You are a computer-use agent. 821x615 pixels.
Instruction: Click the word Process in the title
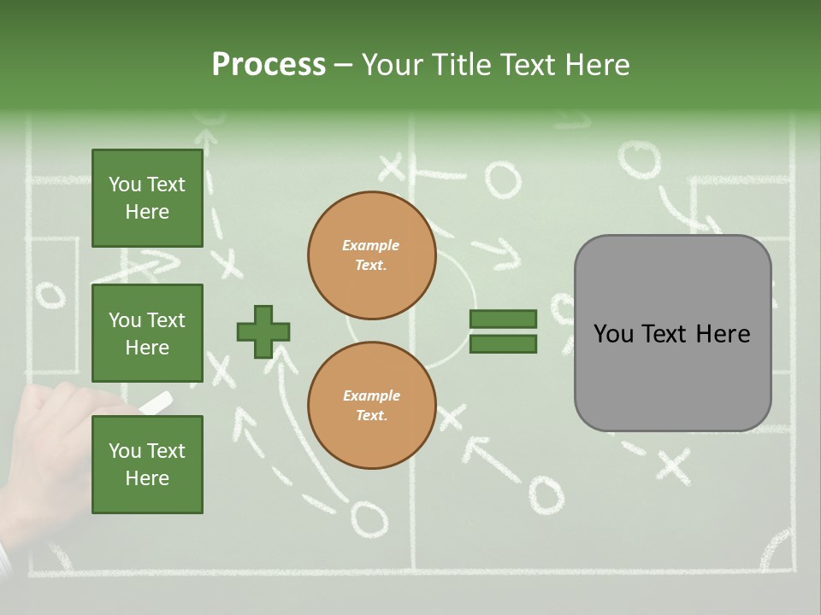[x=269, y=64]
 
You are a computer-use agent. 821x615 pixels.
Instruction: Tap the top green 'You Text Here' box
[x=147, y=198]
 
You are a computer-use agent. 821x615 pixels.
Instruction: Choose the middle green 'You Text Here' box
[x=147, y=333]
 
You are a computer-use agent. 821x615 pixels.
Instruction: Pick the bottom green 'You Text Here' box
[x=147, y=464]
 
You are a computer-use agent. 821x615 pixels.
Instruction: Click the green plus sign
[x=263, y=331]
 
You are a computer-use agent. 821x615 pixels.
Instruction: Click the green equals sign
[x=503, y=331]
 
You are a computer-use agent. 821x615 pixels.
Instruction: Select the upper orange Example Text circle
[x=371, y=255]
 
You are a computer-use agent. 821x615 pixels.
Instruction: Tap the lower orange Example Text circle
[x=371, y=406]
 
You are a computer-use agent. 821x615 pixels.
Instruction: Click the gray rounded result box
[x=672, y=333]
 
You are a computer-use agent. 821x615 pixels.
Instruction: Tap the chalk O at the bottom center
[x=368, y=517]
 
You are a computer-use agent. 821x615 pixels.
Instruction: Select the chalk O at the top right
[x=639, y=160]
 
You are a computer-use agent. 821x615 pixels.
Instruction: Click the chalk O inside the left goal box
[x=50, y=295]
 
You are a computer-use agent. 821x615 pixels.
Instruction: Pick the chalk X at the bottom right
[x=673, y=466]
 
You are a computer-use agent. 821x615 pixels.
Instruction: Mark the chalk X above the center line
[x=391, y=167]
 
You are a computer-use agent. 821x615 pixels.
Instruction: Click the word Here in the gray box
[x=723, y=334]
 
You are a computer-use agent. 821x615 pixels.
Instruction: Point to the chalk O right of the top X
[x=502, y=179]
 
